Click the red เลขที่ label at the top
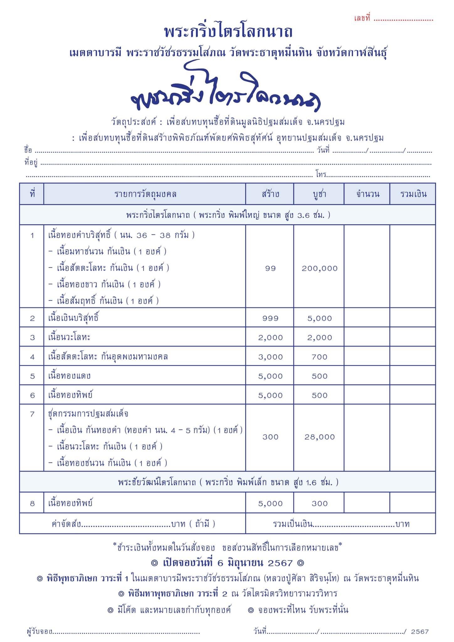point(362,18)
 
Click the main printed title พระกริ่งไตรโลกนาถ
point(228,32)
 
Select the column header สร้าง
point(270,194)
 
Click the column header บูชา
point(319,194)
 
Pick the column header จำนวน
point(367,194)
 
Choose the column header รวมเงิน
point(413,194)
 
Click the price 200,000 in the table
point(319,268)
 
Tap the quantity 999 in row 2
point(270,318)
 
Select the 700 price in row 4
point(319,357)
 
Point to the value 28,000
point(319,437)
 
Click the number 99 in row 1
point(270,268)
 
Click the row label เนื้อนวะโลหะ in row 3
point(69,337)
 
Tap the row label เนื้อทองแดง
point(69,376)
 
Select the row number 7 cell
point(32,414)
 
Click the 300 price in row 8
point(319,504)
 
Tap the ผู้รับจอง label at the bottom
point(40,632)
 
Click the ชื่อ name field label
point(28,150)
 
